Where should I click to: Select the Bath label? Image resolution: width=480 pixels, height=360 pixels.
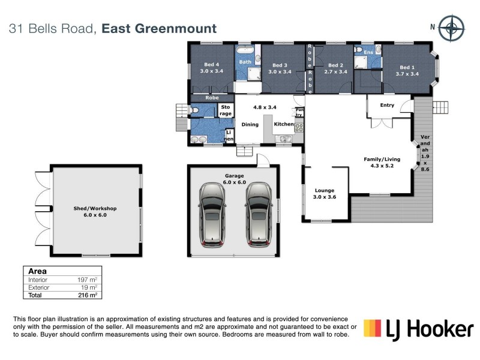coord(245,62)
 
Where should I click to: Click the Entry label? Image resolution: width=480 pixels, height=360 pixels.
coord(387,105)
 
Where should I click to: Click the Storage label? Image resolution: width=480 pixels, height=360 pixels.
coord(225,110)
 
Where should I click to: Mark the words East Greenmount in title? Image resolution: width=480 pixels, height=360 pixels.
coord(159,28)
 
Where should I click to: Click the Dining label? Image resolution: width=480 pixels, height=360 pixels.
coord(250,125)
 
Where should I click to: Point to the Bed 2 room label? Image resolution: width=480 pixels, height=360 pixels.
coord(335,68)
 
